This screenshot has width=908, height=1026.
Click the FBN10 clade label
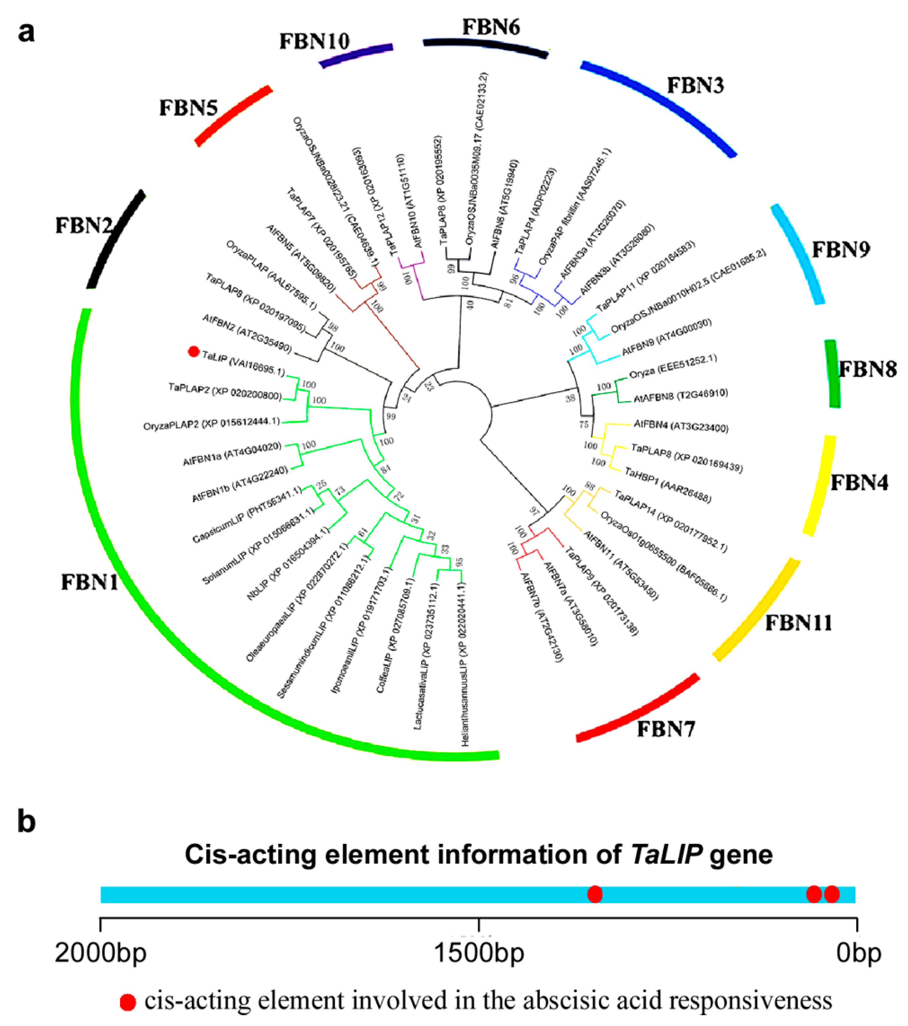(314, 41)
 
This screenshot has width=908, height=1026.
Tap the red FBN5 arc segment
(234, 116)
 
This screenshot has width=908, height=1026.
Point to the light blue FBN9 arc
(799, 254)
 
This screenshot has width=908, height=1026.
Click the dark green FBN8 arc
(832, 374)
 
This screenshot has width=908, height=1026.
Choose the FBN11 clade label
(799, 623)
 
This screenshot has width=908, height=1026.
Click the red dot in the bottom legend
(128, 1002)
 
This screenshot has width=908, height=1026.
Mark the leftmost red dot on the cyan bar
(595, 894)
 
